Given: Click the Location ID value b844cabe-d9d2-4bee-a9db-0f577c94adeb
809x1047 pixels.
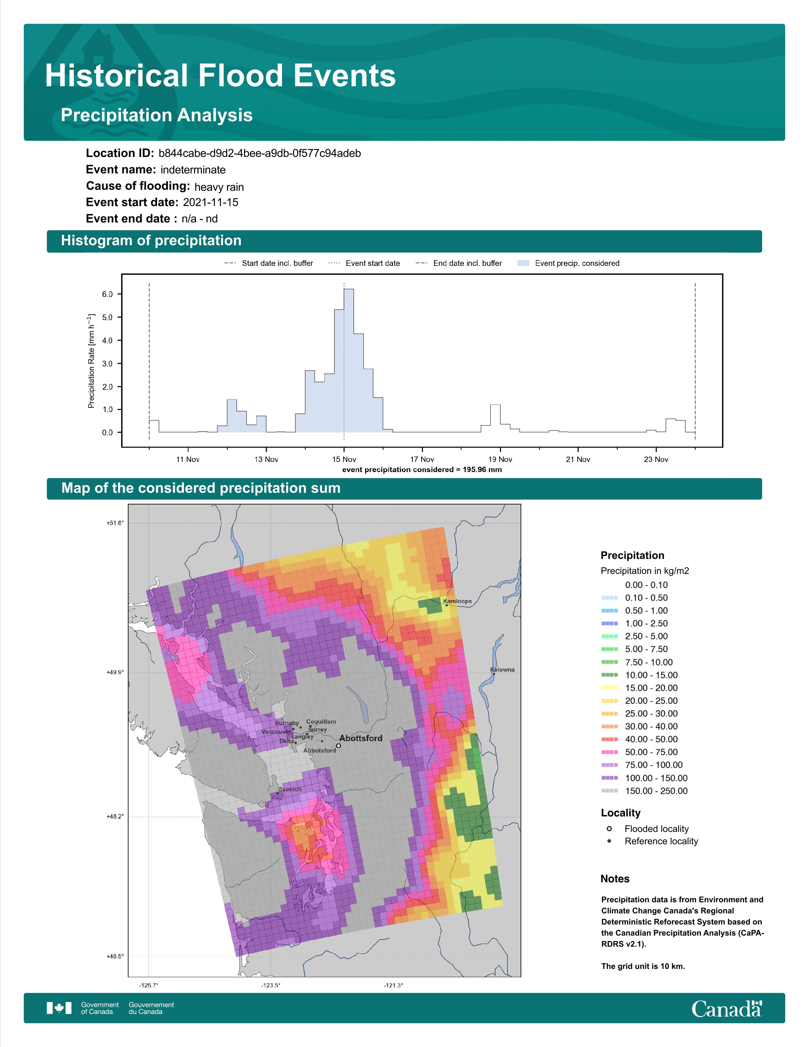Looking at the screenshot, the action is click(260, 154).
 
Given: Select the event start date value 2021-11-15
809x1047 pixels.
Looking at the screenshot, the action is click(210, 202).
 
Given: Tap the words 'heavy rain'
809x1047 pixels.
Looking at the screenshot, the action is click(219, 187).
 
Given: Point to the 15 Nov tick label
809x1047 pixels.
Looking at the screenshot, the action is click(344, 459).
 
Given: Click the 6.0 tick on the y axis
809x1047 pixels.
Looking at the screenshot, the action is click(107, 294).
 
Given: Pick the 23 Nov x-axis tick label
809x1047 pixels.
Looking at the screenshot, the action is click(656, 459).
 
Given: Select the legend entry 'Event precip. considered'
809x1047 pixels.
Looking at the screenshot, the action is click(569, 263).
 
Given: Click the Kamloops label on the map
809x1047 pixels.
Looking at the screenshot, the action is click(457, 601).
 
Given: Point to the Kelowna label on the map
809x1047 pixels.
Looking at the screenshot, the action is click(502, 670).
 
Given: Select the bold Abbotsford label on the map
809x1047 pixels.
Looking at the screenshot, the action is click(361, 738).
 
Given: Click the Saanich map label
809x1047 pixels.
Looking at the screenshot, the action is click(290, 789).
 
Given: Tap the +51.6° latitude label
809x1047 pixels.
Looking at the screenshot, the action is click(115, 523).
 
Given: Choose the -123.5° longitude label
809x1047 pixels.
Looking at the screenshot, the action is click(271, 985).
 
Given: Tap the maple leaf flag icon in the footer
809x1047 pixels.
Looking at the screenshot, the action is click(59, 1008).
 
